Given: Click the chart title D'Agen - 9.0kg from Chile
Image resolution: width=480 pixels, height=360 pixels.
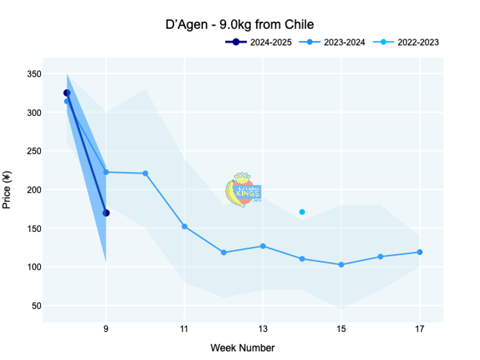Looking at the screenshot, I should pos(239,25).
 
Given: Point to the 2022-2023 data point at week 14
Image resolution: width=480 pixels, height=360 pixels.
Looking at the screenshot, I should pos(302,212).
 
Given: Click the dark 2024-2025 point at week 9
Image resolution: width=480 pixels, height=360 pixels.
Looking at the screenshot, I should pos(106,213).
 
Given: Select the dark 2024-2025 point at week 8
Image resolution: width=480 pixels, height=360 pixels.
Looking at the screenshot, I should pos(67,93).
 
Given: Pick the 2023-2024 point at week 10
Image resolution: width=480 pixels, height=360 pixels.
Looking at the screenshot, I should pos(145,174).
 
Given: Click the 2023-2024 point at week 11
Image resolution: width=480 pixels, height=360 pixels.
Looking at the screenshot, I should pos(184,226).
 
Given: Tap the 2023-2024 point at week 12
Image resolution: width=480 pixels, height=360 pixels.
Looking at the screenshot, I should pos(223,252).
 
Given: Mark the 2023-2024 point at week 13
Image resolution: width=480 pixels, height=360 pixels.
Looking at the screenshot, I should pos(263,246).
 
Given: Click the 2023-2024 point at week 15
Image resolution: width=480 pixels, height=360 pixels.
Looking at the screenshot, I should pos(341,265).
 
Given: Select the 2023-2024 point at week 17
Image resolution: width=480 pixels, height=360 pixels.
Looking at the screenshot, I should pos(420,252).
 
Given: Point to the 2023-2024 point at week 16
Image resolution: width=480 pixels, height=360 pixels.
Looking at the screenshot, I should pos(380,256).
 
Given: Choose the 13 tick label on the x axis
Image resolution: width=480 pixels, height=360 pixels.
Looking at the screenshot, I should pos(263,331).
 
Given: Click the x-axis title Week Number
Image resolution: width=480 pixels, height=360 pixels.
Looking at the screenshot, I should pos(243,348).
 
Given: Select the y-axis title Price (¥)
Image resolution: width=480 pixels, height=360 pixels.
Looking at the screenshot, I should pos(7,190).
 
